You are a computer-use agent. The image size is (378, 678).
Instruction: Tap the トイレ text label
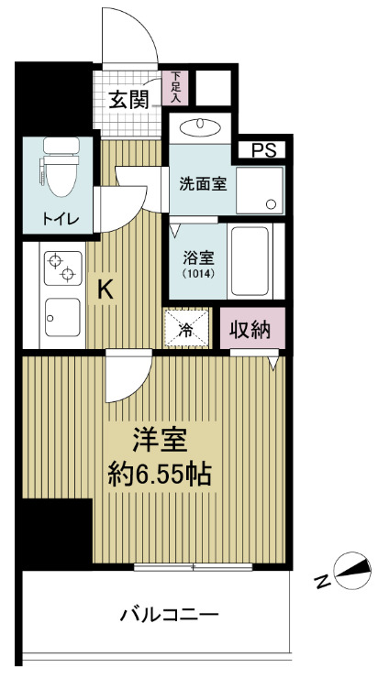point(57,219)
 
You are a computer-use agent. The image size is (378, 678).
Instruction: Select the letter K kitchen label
point(106,290)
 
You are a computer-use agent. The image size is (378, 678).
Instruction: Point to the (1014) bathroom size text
point(196,273)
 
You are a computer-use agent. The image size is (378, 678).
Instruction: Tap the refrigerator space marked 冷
point(186,330)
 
